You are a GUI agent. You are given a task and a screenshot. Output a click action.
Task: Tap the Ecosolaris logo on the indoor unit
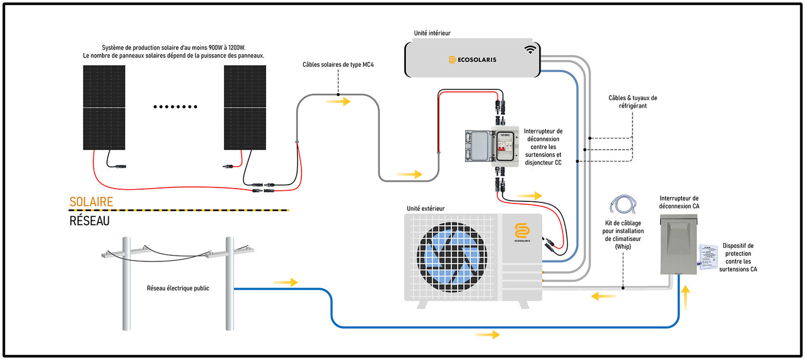[472, 59]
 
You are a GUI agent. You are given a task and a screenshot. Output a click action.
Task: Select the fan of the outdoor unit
[451, 253]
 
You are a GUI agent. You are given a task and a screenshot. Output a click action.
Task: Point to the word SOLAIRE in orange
[91, 202]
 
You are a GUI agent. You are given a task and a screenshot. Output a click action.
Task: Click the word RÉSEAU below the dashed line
[89, 221]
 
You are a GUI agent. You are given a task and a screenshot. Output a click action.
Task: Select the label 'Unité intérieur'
[432, 33]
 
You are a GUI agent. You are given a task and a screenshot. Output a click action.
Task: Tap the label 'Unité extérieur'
[425, 208]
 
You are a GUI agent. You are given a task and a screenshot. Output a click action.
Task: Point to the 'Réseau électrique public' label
[178, 288]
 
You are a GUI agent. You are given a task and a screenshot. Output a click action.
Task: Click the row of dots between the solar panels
[176, 106]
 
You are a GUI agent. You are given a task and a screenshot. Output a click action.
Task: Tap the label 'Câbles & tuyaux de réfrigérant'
[632, 102]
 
